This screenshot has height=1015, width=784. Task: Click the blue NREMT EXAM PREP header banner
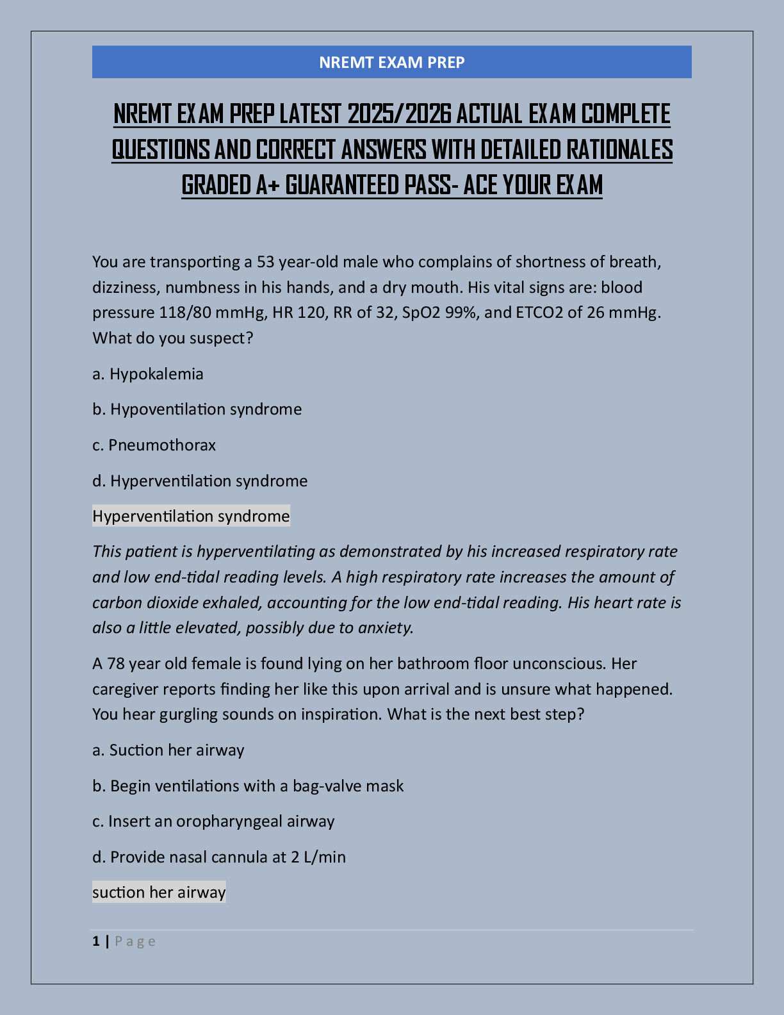[391, 62]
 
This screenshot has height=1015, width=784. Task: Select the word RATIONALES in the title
[619, 150]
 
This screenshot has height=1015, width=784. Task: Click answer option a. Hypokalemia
[148, 374]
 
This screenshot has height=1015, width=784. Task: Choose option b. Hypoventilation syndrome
[197, 409]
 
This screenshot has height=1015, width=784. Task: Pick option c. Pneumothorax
[154, 445]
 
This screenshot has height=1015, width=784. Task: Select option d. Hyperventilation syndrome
[200, 481]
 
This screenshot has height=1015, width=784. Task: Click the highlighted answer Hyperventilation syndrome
[191, 516]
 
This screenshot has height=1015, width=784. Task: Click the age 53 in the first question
[266, 262]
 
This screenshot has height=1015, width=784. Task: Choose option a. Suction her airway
[168, 750]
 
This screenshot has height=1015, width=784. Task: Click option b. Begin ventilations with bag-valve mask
[248, 786]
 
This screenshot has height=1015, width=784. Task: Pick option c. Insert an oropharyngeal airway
[213, 821]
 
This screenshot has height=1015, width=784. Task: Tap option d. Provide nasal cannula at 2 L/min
[219, 857]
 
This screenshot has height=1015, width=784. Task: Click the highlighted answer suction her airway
[159, 893]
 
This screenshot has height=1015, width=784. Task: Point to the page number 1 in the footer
[96, 941]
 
